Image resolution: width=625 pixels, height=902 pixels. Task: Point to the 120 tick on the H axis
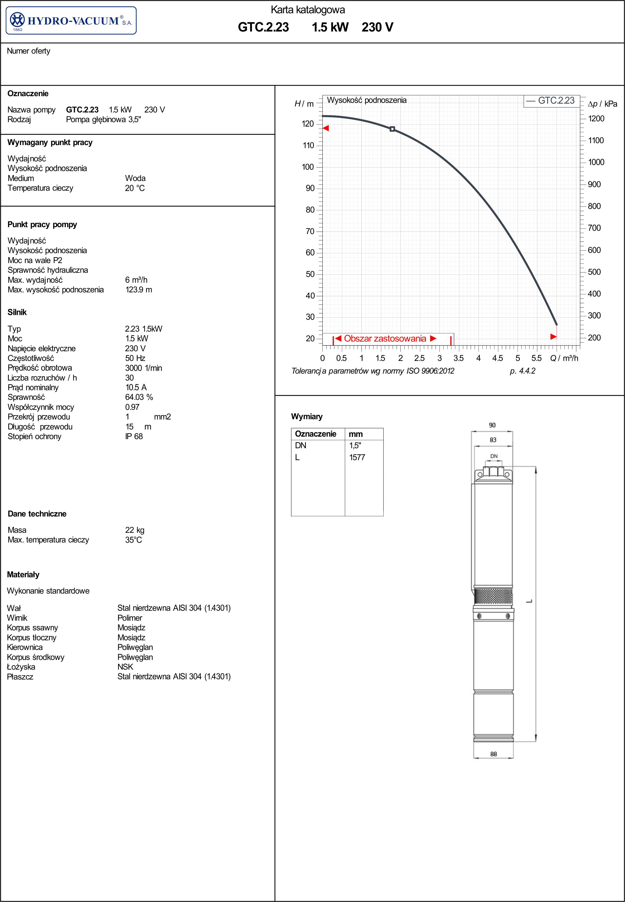pyautogui.click(x=308, y=124)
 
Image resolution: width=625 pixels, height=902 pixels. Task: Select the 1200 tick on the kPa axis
pyautogui.click(x=596, y=119)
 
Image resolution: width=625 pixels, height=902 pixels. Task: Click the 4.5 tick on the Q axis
pyautogui.click(x=497, y=358)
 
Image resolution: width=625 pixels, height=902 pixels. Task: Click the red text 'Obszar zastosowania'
pyautogui.click(x=385, y=339)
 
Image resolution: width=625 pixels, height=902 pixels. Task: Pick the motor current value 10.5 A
pyautogui.click(x=136, y=387)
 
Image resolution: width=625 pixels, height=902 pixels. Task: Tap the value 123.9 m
pyautogui.click(x=139, y=290)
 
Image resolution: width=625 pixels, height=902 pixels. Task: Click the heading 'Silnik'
pyautogui.click(x=17, y=312)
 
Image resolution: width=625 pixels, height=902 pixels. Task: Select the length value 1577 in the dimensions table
pyautogui.click(x=357, y=457)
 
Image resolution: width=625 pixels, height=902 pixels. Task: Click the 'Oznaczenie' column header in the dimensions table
pyautogui.click(x=315, y=434)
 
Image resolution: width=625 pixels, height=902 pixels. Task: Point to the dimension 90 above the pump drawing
pyautogui.click(x=492, y=425)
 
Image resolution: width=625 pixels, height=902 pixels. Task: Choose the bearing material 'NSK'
pyautogui.click(x=125, y=667)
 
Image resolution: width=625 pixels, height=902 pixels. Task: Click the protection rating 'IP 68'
pyautogui.click(x=134, y=436)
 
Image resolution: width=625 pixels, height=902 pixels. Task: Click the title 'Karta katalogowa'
pyautogui.click(x=308, y=10)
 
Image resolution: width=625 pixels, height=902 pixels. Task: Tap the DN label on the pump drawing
pyautogui.click(x=494, y=456)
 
